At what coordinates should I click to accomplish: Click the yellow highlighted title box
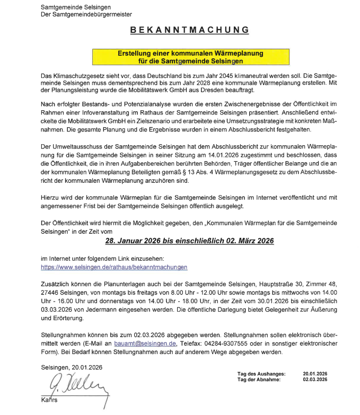coord(190,58)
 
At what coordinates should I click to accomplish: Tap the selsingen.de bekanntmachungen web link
coord(114,267)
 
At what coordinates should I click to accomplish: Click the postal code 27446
coord(51,293)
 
